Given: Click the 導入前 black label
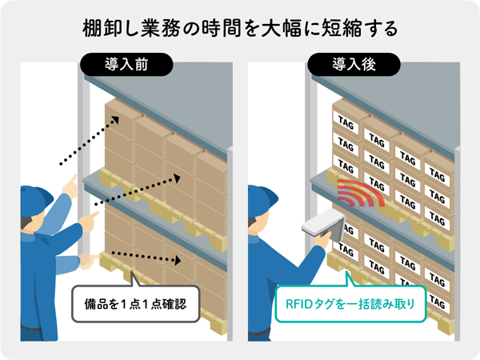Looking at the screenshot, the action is [x=126, y=65].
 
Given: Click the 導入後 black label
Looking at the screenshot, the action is [x=354, y=65].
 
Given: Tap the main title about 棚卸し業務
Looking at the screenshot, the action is [x=240, y=29].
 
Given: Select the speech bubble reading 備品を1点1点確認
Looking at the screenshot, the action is [x=136, y=303].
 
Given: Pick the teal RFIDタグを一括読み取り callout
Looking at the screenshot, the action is [x=350, y=304].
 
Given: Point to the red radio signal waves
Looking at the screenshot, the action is [x=361, y=193].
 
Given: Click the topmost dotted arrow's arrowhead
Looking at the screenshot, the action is [x=115, y=120].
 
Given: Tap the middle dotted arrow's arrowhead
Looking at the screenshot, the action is [x=177, y=178].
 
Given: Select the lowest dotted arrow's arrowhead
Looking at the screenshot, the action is [x=178, y=261].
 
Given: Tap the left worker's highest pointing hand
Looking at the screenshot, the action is [x=70, y=186].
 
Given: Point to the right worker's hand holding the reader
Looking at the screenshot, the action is [x=322, y=239].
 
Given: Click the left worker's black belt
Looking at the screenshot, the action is [x=30, y=329].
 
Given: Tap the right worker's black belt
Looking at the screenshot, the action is [x=259, y=331].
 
